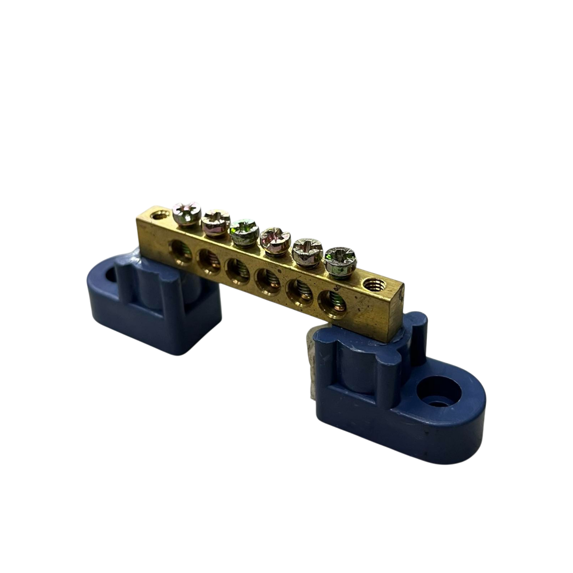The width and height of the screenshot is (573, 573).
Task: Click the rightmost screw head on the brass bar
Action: coord(341,260)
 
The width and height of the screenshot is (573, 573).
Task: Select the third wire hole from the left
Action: coord(236,271)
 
